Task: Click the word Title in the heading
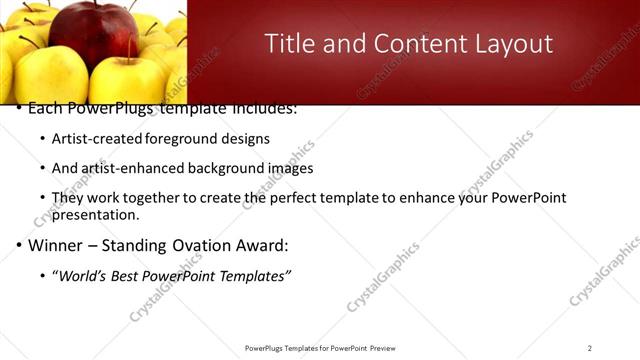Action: coord(288,44)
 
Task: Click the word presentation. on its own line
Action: coord(96,214)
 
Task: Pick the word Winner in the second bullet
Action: coord(55,245)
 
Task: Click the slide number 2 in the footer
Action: coord(590,348)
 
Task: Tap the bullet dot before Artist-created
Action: coord(41,139)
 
